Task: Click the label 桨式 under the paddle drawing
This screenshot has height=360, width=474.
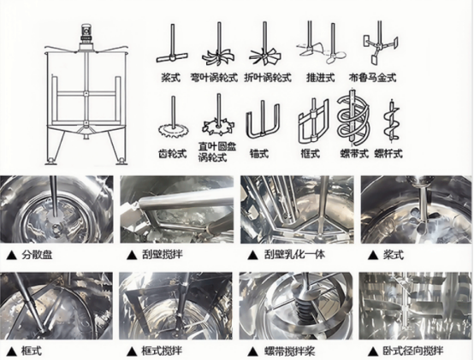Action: coord(171,78)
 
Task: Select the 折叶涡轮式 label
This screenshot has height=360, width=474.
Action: coord(268,78)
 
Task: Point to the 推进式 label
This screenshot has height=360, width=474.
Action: coord(321,78)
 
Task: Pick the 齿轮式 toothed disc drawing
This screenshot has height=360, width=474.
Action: coord(173,121)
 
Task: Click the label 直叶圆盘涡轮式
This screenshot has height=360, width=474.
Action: coord(216,152)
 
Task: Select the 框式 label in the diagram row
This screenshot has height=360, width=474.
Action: coord(311,154)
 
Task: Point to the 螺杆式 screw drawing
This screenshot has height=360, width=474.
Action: coord(392,120)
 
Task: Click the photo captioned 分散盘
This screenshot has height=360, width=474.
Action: coord(56,210)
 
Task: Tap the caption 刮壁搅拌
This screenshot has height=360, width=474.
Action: coord(163,255)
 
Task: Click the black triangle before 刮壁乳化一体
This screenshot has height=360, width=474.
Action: coord(252,256)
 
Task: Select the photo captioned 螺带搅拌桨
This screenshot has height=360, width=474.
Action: coord(296,305)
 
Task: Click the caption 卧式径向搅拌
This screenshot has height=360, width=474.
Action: coord(413,351)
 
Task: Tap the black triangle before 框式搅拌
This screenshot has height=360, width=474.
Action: coord(132,351)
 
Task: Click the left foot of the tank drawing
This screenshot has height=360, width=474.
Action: coord(51,160)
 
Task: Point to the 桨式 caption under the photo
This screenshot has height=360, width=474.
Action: coord(394,255)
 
